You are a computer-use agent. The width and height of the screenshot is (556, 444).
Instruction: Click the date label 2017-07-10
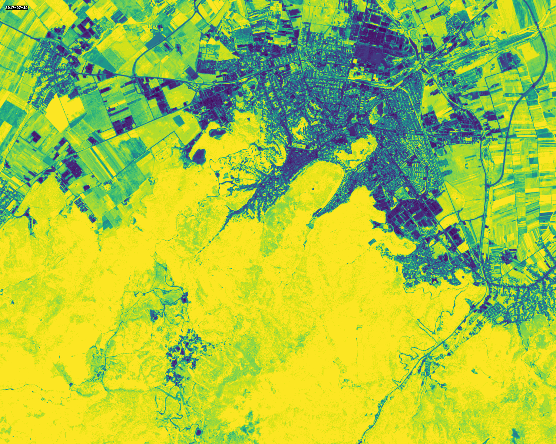[x=16, y=7]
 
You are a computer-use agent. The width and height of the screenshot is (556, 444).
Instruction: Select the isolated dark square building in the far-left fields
[x=36, y=137]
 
